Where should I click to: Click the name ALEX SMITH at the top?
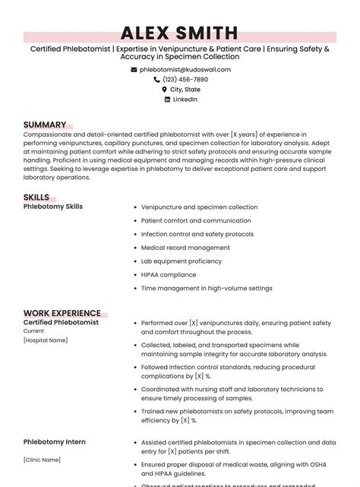coord(180,33)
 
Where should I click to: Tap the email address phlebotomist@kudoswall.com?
coord(185,69)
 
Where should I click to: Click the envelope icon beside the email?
coord(134,69)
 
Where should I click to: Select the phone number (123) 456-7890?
coord(185,79)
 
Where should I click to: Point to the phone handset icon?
coord(157,79)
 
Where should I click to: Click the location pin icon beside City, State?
coord(164,89)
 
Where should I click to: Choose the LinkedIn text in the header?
coord(185,99)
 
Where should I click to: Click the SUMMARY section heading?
coord(45,125)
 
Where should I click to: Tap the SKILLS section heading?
coord(36,198)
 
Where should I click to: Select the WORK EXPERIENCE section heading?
coord(62,313)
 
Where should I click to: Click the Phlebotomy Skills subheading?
coord(53,207)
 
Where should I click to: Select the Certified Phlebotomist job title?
coord(61,322)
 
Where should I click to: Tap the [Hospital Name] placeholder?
coord(46,340)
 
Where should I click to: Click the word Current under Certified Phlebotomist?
coord(34,331)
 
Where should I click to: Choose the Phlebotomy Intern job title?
coord(55,441)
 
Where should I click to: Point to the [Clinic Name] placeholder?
coord(41,460)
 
